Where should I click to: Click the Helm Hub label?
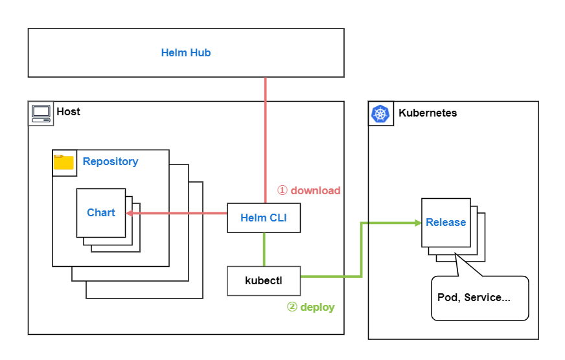click(186, 53)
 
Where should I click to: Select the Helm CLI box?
click(263, 218)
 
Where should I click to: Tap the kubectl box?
click(263, 280)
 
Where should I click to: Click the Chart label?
click(101, 212)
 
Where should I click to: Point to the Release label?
click(446, 223)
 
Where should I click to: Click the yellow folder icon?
click(63, 162)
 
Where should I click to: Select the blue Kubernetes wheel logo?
click(380, 113)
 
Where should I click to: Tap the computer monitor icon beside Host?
click(41, 113)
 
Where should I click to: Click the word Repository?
click(110, 161)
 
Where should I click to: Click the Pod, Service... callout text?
click(474, 298)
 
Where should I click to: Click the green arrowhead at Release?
click(417, 223)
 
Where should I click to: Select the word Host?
click(68, 111)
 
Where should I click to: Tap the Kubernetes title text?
click(427, 113)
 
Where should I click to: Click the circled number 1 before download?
click(282, 190)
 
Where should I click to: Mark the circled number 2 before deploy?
click(292, 307)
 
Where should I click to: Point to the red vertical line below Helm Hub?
click(265, 136)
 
